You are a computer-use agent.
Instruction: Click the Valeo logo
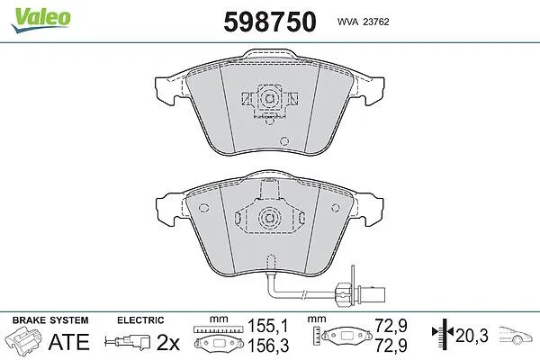[41, 20]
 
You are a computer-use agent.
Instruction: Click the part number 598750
[270, 22]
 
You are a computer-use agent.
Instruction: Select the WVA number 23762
[376, 22]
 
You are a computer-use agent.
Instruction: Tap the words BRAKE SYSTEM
[50, 320]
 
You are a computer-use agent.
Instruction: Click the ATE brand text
[69, 342]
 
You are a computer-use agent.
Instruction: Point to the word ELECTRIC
[140, 320]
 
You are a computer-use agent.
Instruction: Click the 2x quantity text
[168, 342]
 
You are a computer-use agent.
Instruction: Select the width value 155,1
[268, 326]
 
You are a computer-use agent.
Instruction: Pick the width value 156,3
[268, 345]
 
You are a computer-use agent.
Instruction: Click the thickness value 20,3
[472, 336]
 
